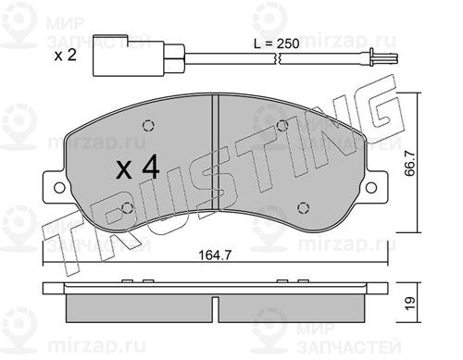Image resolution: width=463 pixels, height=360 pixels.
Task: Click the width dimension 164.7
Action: point(215,255)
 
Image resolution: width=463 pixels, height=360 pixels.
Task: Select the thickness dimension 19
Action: point(410,304)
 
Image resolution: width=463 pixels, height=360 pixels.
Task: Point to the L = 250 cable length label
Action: point(276,43)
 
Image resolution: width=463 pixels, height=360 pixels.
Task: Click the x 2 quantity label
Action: point(65,56)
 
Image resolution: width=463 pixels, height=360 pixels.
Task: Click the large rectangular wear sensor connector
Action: point(128,56)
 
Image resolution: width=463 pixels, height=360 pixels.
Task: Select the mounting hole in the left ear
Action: point(59,188)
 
